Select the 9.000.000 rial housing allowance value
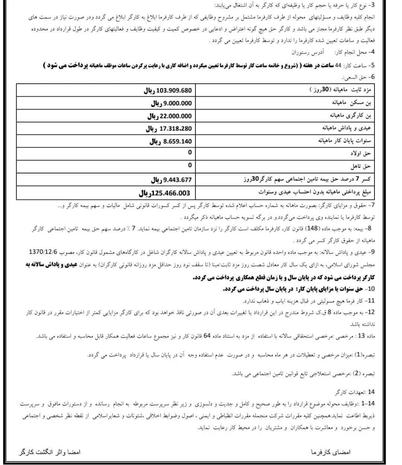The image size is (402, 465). coord(171,103)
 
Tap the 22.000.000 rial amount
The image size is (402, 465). coord(169,116)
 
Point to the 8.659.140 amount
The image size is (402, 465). coord(170,141)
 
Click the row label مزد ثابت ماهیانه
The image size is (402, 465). coord(341,90)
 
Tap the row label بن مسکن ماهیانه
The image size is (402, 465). coord(351,103)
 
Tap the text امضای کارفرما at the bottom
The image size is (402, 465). coord(331,452)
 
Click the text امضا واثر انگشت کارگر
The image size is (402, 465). coord(50,452)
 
